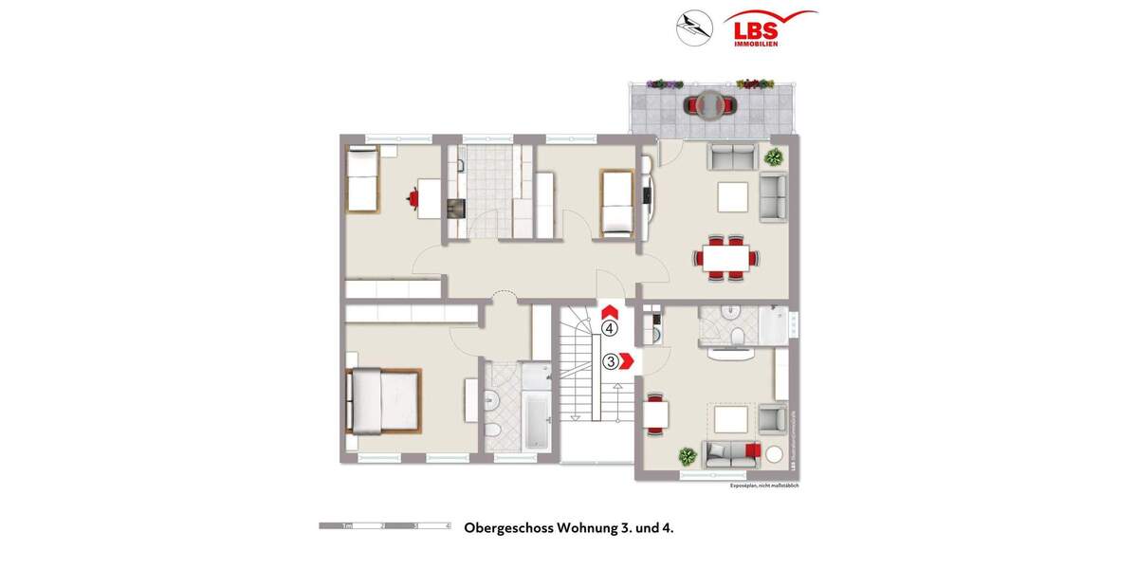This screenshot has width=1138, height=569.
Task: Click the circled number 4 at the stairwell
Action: (610, 329)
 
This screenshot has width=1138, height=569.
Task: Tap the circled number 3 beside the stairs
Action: (612, 361)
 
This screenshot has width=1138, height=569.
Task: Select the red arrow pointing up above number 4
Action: (610, 310)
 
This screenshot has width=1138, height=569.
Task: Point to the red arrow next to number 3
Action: (627, 361)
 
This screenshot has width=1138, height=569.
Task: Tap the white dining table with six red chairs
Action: (726, 257)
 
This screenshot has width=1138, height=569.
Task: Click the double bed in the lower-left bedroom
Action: (383, 399)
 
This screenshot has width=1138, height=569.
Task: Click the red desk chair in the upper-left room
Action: (414, 197)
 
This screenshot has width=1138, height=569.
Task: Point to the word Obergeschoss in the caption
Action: (508, 527)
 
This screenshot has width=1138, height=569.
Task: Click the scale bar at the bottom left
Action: (384, 524)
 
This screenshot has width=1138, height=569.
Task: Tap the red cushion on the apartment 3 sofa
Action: (753, 450)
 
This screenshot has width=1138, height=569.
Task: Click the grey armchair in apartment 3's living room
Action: (772, 418)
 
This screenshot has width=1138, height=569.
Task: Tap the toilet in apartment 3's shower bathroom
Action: (737, 339)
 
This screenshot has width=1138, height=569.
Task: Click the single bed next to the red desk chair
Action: (361, 180)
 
